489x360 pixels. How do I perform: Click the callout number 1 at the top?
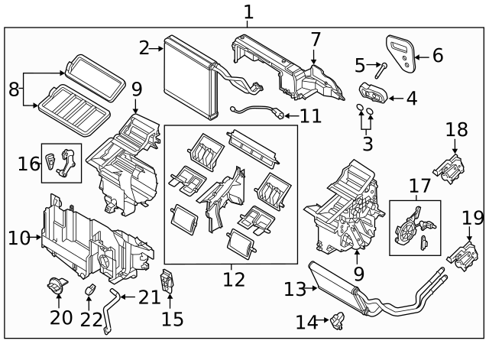point(247,11)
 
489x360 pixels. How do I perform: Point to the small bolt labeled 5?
point(381,67)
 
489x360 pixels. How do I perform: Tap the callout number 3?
point(368,142)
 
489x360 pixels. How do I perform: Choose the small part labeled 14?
point(335,323)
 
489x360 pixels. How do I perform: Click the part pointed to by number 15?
point(169,283)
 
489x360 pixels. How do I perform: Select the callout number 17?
point(419,186)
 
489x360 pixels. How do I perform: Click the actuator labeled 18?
point(449,165)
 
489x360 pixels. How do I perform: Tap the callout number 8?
point(14,89)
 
